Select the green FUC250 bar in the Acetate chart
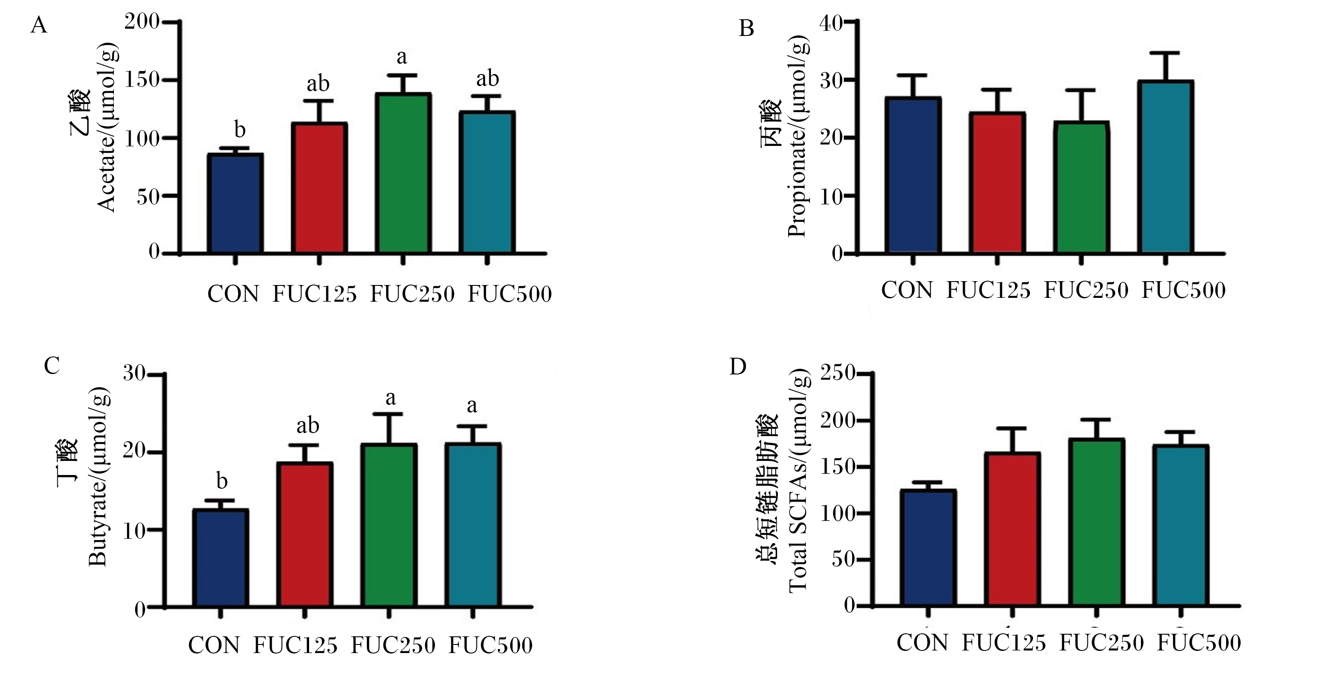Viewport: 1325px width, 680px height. [403, 173]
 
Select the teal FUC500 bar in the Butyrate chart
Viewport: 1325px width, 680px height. [473, 525]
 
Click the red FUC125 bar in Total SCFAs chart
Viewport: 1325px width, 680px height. [1012, 529]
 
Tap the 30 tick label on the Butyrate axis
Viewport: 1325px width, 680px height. [134, 374]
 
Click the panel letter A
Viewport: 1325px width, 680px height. [39, 25]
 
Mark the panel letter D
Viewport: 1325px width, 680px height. [738, 367]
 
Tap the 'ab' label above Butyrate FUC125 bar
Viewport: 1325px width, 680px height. [307, 425]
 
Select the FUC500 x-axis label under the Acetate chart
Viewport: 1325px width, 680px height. [510, 294]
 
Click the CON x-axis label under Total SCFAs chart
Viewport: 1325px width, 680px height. [922, 643]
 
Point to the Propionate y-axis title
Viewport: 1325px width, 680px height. [784, 136]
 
